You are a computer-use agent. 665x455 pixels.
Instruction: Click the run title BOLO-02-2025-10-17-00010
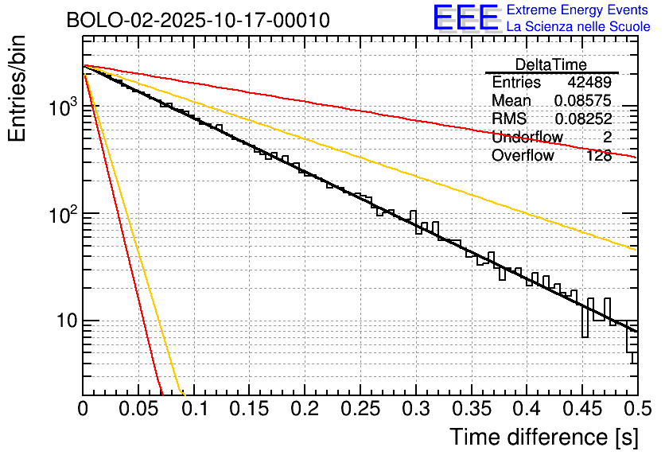pyautogui.click(x=198, y=21)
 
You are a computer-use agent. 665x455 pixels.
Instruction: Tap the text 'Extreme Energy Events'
pyautogui.click(x=577, y=10)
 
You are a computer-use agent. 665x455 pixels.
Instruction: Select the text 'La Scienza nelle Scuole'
pyautogui.click(x=577, y=27)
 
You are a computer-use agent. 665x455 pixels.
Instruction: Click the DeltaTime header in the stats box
pyautogui.click(x=551, y=64)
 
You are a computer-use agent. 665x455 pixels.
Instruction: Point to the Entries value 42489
pyautogui.click(x=589, y=83)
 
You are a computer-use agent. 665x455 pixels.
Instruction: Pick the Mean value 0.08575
pyautogui.click(x=583, y=101)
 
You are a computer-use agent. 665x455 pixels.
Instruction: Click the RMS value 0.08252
pyautogui.click(x=583, y=119)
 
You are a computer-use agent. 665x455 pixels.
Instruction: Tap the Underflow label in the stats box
pyautogui.click(x=527, y=137)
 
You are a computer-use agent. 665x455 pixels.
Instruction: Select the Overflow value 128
pyautogui.click(x=599, y=155)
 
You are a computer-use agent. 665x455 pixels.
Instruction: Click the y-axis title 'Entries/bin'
pyautogui.click(x=17, y=89)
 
